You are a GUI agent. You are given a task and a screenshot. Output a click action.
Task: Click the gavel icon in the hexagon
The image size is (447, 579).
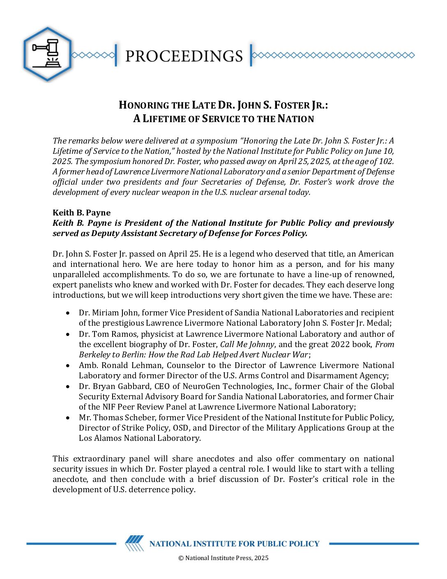coord(47,54)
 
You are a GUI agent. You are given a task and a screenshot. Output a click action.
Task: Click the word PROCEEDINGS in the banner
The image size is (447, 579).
coord(184,56)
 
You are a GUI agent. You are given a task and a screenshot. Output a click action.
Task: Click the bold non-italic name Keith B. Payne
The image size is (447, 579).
coord(81,213)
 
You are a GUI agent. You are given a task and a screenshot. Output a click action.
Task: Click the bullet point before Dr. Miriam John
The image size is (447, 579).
coord(68,313)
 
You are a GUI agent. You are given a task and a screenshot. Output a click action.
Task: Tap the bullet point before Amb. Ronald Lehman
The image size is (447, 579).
coord(68,365)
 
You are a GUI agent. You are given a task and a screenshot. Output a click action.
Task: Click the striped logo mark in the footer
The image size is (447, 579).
coord(134,543)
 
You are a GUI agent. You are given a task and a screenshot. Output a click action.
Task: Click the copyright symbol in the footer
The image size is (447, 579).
coord(181,558)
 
